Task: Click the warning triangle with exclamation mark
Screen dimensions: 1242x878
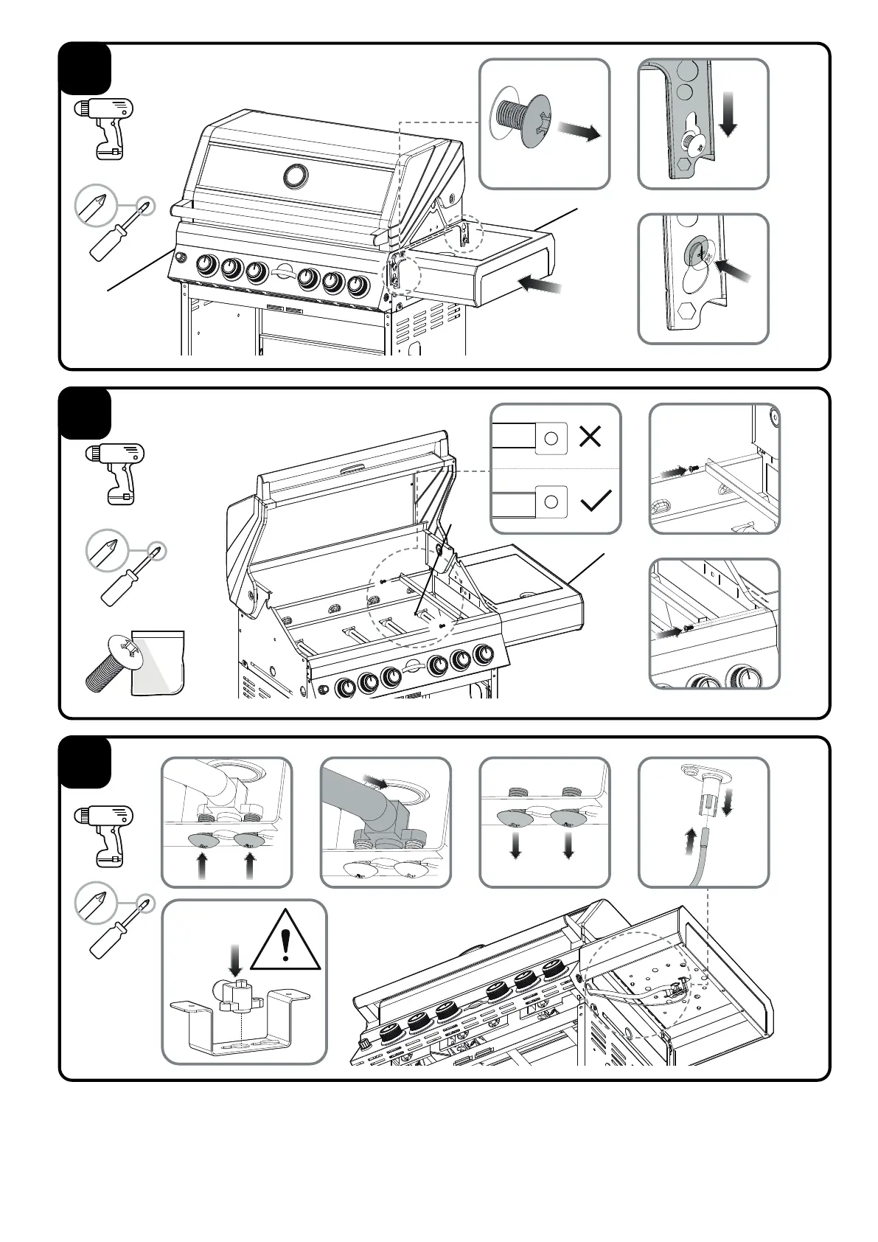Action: click(x=286, y=943)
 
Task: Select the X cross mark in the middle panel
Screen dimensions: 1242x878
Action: click(x=590, y=437)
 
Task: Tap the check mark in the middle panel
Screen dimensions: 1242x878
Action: click(x=596, y=502)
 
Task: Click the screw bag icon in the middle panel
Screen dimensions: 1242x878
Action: click(x=156, y=662)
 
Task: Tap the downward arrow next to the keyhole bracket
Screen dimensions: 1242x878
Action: click(x=728, y=113)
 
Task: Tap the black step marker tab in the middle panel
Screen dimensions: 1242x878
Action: click(x=86, y=414)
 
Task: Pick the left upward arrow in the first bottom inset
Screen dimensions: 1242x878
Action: click(x=203, y=865)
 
